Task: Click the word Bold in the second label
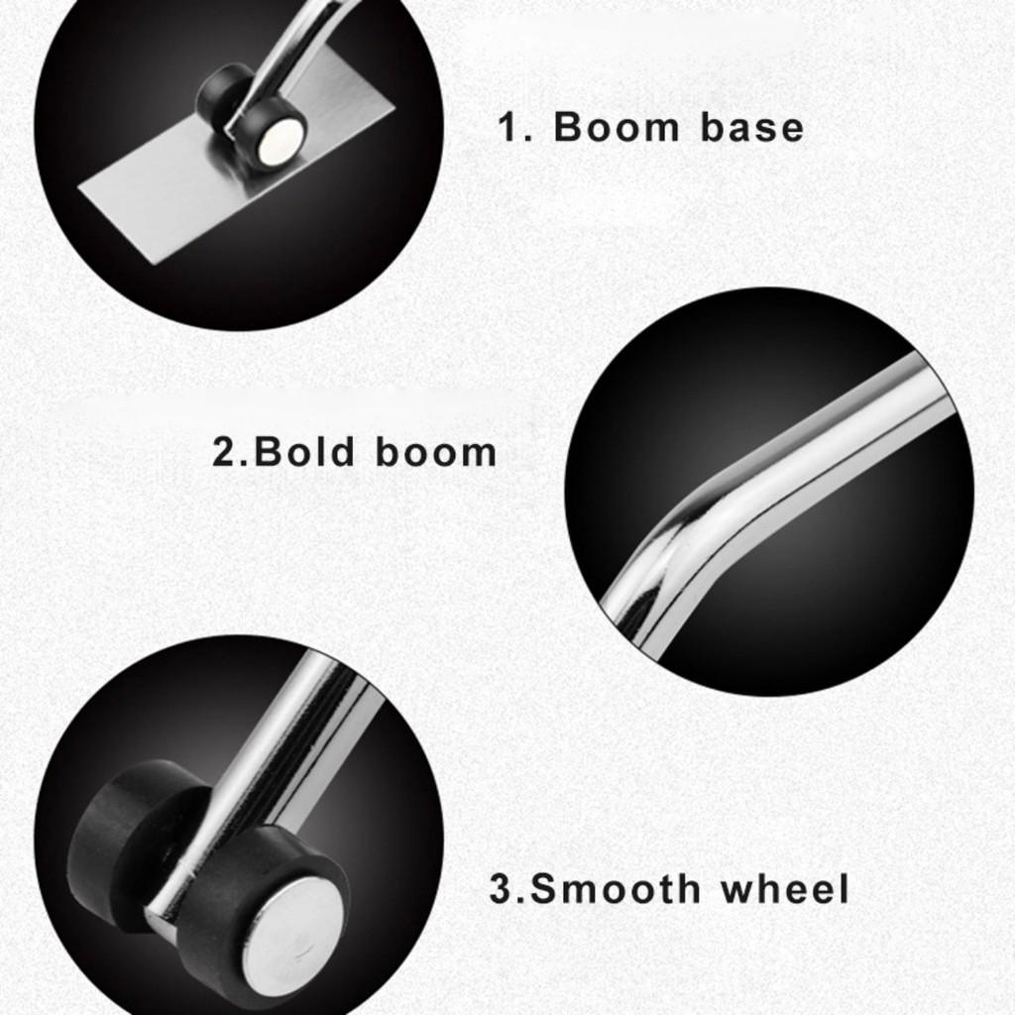click(303, 452)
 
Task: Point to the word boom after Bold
click(436, 452)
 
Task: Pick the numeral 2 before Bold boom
click(224, 452)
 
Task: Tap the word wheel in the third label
click(785, 888)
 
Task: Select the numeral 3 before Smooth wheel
click(501, 889)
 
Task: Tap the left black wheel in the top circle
click(220, 90)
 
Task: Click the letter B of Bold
click(267, 452)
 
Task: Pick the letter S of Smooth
click(545, 889)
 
